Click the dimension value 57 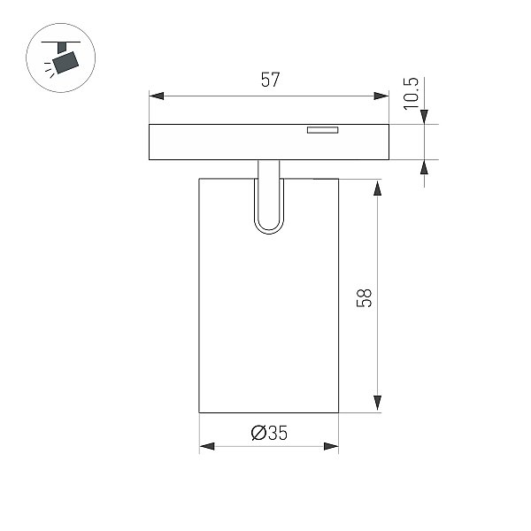pos(270,80)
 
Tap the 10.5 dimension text pos(411,94)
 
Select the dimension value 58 pos(364,298)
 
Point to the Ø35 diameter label pos(269,433)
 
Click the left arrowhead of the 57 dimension pos(157,96)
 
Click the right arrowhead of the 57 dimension pos(381,96)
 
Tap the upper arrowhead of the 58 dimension pos(377,188)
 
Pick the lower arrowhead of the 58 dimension pos(377,403)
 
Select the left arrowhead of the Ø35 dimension pos(207,446)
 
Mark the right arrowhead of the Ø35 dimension pos(331,446)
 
